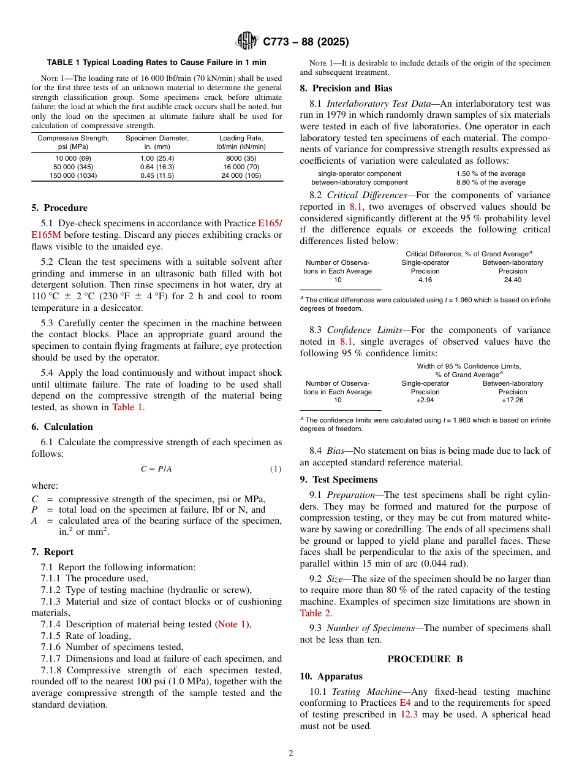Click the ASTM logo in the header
(248, 42)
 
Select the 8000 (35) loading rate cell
(241, 158)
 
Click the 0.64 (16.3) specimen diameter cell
(157, 167)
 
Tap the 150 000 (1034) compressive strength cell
(73, 176)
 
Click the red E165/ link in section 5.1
(270, 224)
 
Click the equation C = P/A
(156, 469)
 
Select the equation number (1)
(276, 469)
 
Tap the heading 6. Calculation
(62, 427)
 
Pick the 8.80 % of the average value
(491, 182)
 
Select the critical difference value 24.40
(512, 280)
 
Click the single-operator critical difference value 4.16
(425, 280)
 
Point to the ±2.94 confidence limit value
(425, 400)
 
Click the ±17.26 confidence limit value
(512, 400)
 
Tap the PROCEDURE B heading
(425, 659)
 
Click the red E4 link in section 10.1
(405, 703)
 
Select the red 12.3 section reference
(409, 714)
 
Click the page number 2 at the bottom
(291, 753)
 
